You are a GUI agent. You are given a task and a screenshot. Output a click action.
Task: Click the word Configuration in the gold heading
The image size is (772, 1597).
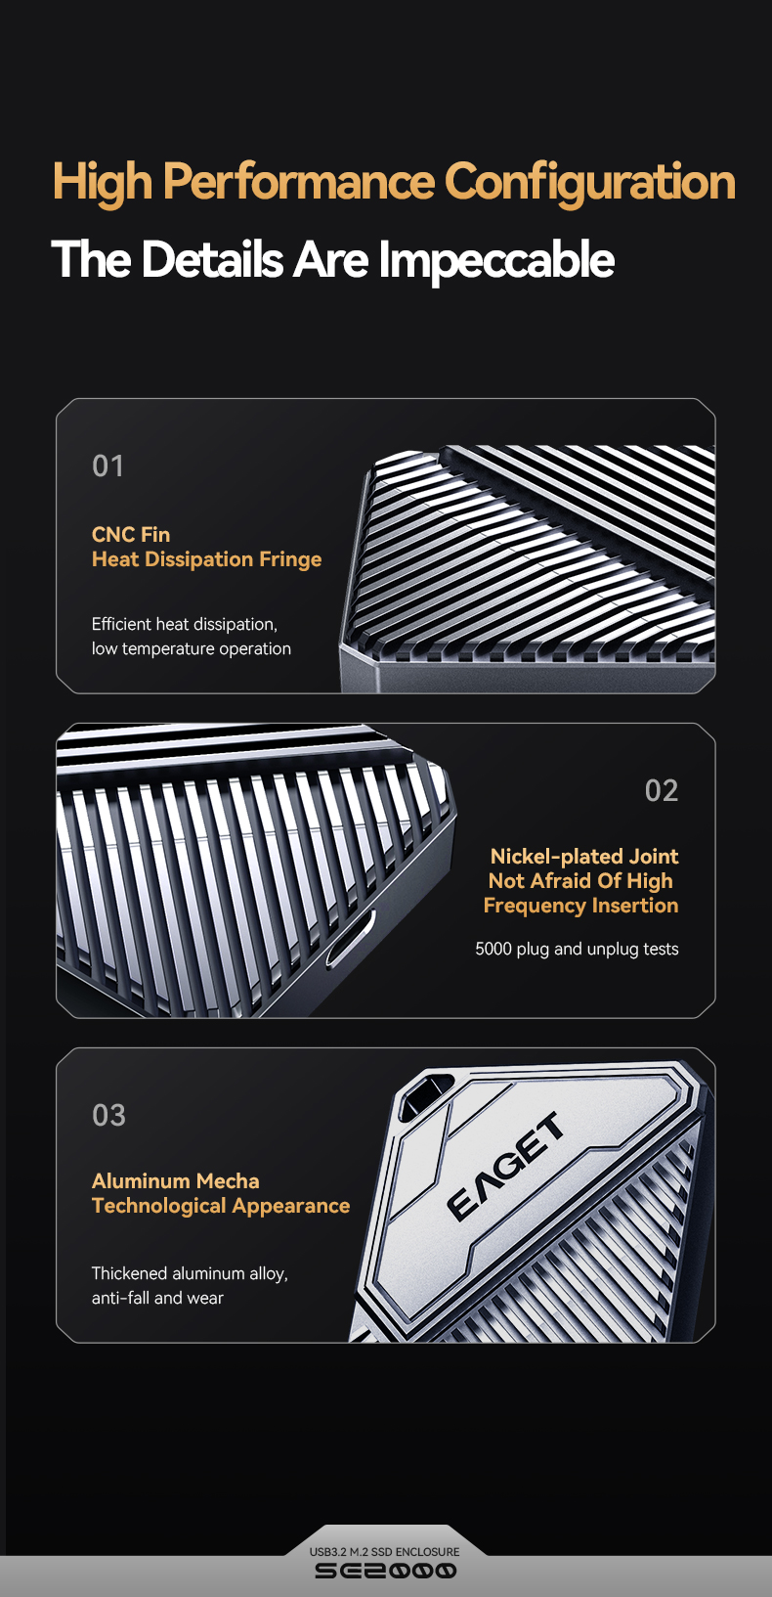point(589,183)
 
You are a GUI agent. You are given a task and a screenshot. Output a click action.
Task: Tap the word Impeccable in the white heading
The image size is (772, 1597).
point(495,259)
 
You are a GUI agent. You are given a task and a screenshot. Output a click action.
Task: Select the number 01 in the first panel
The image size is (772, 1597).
point(107,466)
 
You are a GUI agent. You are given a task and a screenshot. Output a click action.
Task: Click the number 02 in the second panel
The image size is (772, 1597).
point(661,790)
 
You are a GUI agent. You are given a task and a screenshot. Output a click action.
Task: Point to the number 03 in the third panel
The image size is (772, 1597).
point(108,1115)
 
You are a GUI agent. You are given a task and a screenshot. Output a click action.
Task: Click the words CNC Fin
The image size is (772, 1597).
point(131,535)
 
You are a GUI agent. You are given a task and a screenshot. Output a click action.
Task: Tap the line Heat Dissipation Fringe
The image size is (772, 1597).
point(206,559)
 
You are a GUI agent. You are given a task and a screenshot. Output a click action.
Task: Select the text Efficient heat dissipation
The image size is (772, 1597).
point(185,624)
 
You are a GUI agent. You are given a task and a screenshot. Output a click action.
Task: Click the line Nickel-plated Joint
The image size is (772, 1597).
point(584,857)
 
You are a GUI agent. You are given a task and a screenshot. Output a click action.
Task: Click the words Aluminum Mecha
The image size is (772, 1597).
point(175,1180)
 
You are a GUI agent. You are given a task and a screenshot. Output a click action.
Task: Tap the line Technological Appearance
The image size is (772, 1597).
point(221,1206)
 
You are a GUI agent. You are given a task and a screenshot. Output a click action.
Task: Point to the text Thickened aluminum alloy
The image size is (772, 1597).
point(190,1273)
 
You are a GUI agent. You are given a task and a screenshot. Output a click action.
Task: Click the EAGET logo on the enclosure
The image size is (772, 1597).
point(505,1166)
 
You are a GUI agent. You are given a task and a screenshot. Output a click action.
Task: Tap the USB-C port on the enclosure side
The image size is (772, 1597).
point(351,939)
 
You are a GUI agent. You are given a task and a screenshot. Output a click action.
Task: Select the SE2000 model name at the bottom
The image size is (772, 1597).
point(385,1571)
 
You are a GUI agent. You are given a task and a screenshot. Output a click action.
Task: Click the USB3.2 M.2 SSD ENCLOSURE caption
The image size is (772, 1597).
point(385,1551)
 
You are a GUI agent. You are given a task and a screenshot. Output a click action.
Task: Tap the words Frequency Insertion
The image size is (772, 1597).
point(580,906)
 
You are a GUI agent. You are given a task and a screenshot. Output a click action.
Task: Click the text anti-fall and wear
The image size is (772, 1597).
point(157,1298)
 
